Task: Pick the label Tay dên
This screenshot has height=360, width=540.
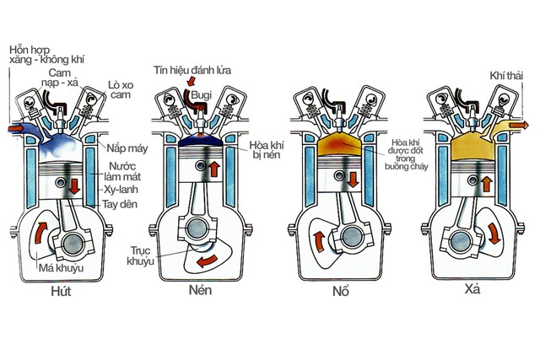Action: click(x=123, y=205)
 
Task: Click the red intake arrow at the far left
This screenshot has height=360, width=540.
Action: click(x=11, y=128)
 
